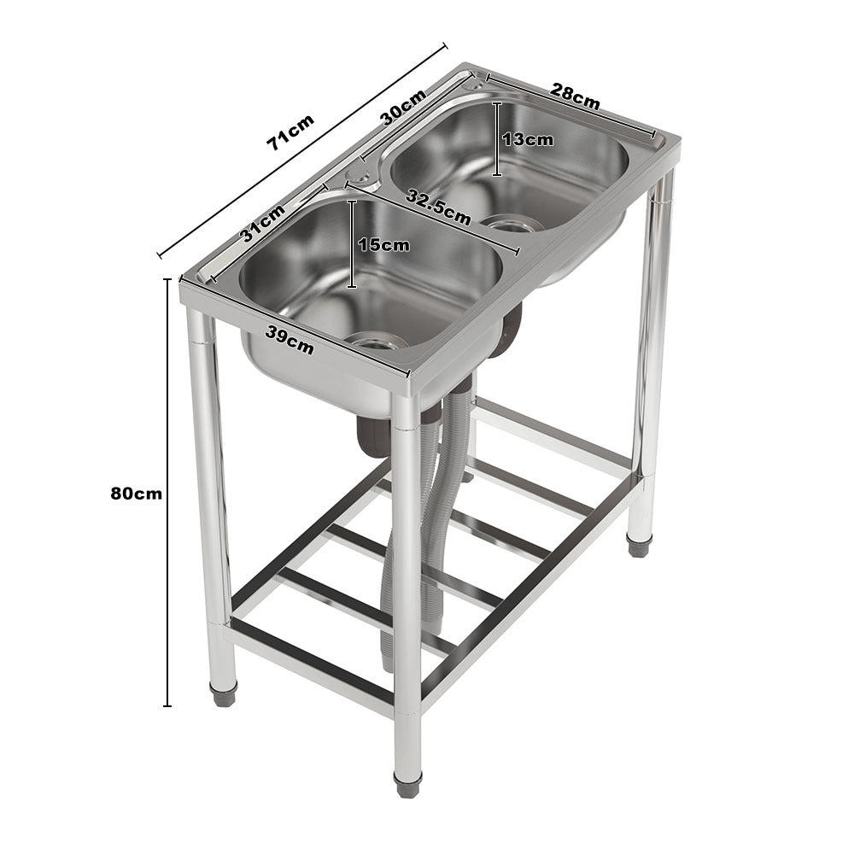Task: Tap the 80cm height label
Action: click(x=136, y=494)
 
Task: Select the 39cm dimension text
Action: click(x=289, y=340)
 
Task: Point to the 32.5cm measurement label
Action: click(x=438, y=207)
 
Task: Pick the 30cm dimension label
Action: click(x=403, y=108)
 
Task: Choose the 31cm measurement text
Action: click(x=263, y=224)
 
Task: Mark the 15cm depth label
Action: click(x=383, y=245)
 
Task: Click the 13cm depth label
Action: click(x=528, y=139)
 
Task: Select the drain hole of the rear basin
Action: click(x=512, y=225)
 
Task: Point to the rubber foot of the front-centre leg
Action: click(x=407, y=784)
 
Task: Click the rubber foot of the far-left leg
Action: click(x=223, y=693)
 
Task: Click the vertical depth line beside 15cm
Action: click(x=352, y=244)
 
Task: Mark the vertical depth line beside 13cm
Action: click(x=497, y=138)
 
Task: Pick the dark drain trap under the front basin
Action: click(x=373, y=436)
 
